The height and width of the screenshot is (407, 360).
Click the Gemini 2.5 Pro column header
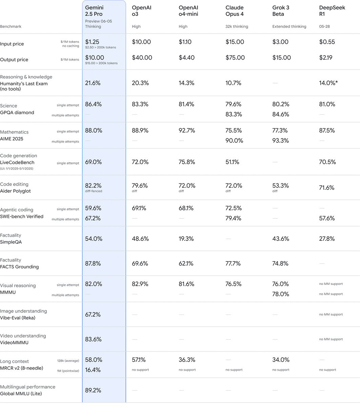tap(94, 11)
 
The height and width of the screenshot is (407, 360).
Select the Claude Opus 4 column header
tap(234, 11)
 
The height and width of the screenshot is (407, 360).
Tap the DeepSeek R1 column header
tap(332, 11)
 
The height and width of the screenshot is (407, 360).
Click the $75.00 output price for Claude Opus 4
tap(235, 58)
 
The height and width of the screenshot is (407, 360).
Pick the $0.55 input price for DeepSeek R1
tap(327, 42)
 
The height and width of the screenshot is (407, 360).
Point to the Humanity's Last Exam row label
tap(24, 86)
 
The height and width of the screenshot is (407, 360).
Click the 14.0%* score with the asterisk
tap(328, 83)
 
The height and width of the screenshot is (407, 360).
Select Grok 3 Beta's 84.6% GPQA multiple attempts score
tap(280, 114)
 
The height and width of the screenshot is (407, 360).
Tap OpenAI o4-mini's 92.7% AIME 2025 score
tap(187, 130)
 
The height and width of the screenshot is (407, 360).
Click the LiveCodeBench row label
tap(17, 162)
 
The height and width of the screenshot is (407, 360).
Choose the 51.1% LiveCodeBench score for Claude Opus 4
tap(232, 162)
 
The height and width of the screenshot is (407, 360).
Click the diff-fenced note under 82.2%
tap(93, 191)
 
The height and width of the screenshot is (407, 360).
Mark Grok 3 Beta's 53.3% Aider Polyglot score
tap(280, 186)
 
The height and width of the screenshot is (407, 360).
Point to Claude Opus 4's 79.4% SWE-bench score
tap(233, 218)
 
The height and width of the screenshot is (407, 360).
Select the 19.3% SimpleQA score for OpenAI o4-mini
tap(186, 239)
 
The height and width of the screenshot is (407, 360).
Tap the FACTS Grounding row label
tap(19, 267)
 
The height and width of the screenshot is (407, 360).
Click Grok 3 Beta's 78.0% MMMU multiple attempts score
tap(280, 294)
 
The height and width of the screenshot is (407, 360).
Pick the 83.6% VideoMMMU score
tap(93, 339)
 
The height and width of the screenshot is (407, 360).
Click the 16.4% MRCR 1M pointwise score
tap(93, 370)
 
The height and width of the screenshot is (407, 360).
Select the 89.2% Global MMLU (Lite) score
tap(93, 390)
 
